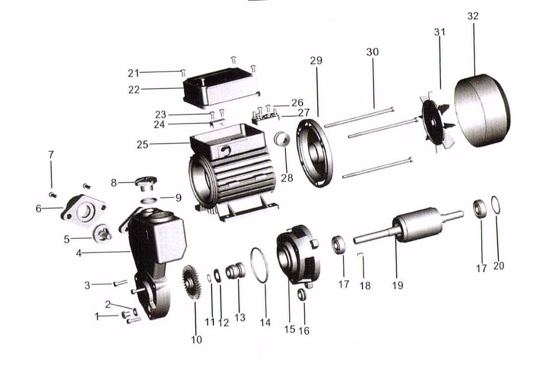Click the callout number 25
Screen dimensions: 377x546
pyautogui.click(x=143, y=144)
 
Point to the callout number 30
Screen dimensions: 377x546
pyautogui.click(x=372, y=52)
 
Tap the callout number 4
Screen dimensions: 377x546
pyautogui.click(x=78, y=253)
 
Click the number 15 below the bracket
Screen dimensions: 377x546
pyautogui.click(x=289, y=329)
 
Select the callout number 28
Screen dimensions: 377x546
pyautogui.click(x=287, y=178)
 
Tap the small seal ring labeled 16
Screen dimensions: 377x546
pyautogui.click(x=302, y=295)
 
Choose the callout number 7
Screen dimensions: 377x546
pyautogui.click(x=51, y=155)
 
